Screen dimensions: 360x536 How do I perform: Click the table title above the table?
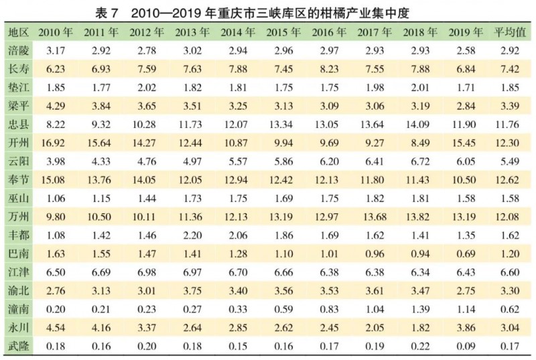268,11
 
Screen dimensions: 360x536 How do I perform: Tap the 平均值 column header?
510,32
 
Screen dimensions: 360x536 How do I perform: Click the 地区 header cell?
18,32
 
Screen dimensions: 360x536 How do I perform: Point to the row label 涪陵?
18,50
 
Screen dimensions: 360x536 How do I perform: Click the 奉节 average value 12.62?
510,180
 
